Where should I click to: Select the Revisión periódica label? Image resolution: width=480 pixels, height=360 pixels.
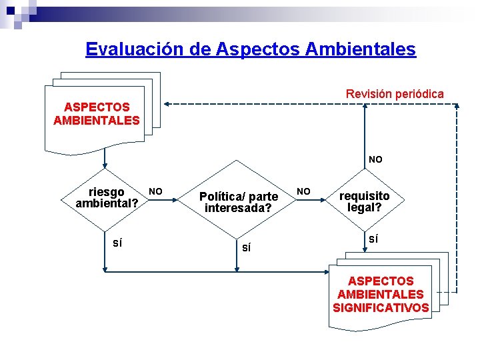click(x=395, y=94)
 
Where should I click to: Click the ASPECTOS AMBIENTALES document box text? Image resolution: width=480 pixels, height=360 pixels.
click(x=97, y=113)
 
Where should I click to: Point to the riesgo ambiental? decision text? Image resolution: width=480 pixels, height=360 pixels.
click(x=107, y=197)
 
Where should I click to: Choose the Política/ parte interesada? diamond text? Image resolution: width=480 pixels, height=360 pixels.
click(x=239, y=202)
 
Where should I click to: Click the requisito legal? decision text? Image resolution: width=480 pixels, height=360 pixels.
click(x=365, y=201)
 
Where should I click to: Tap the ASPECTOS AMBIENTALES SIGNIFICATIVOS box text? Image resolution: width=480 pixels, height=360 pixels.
click(x=381, y=294)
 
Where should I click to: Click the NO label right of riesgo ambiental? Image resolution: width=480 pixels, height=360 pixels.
click(x=155, y=191)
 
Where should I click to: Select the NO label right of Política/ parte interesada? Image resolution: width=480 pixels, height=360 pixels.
click(x=303, y=191)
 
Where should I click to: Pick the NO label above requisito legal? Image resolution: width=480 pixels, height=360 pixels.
click(x=376, y=159)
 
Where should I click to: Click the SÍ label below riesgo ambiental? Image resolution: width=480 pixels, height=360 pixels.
click(x=117, y=243)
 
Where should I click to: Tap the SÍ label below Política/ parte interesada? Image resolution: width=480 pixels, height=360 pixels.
click(x=247, y=248)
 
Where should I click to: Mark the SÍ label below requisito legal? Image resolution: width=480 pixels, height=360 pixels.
click(x=374, y=239)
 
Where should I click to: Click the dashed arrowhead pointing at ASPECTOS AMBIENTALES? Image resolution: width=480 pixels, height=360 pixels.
click(x=168, y=103)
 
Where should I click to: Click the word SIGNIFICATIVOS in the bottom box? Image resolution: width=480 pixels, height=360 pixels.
click(x=381, y=307)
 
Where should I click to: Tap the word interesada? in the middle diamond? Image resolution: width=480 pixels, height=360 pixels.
click(x=239, y=208)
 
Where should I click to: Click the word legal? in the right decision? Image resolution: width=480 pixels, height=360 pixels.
click(x=365, y=207)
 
